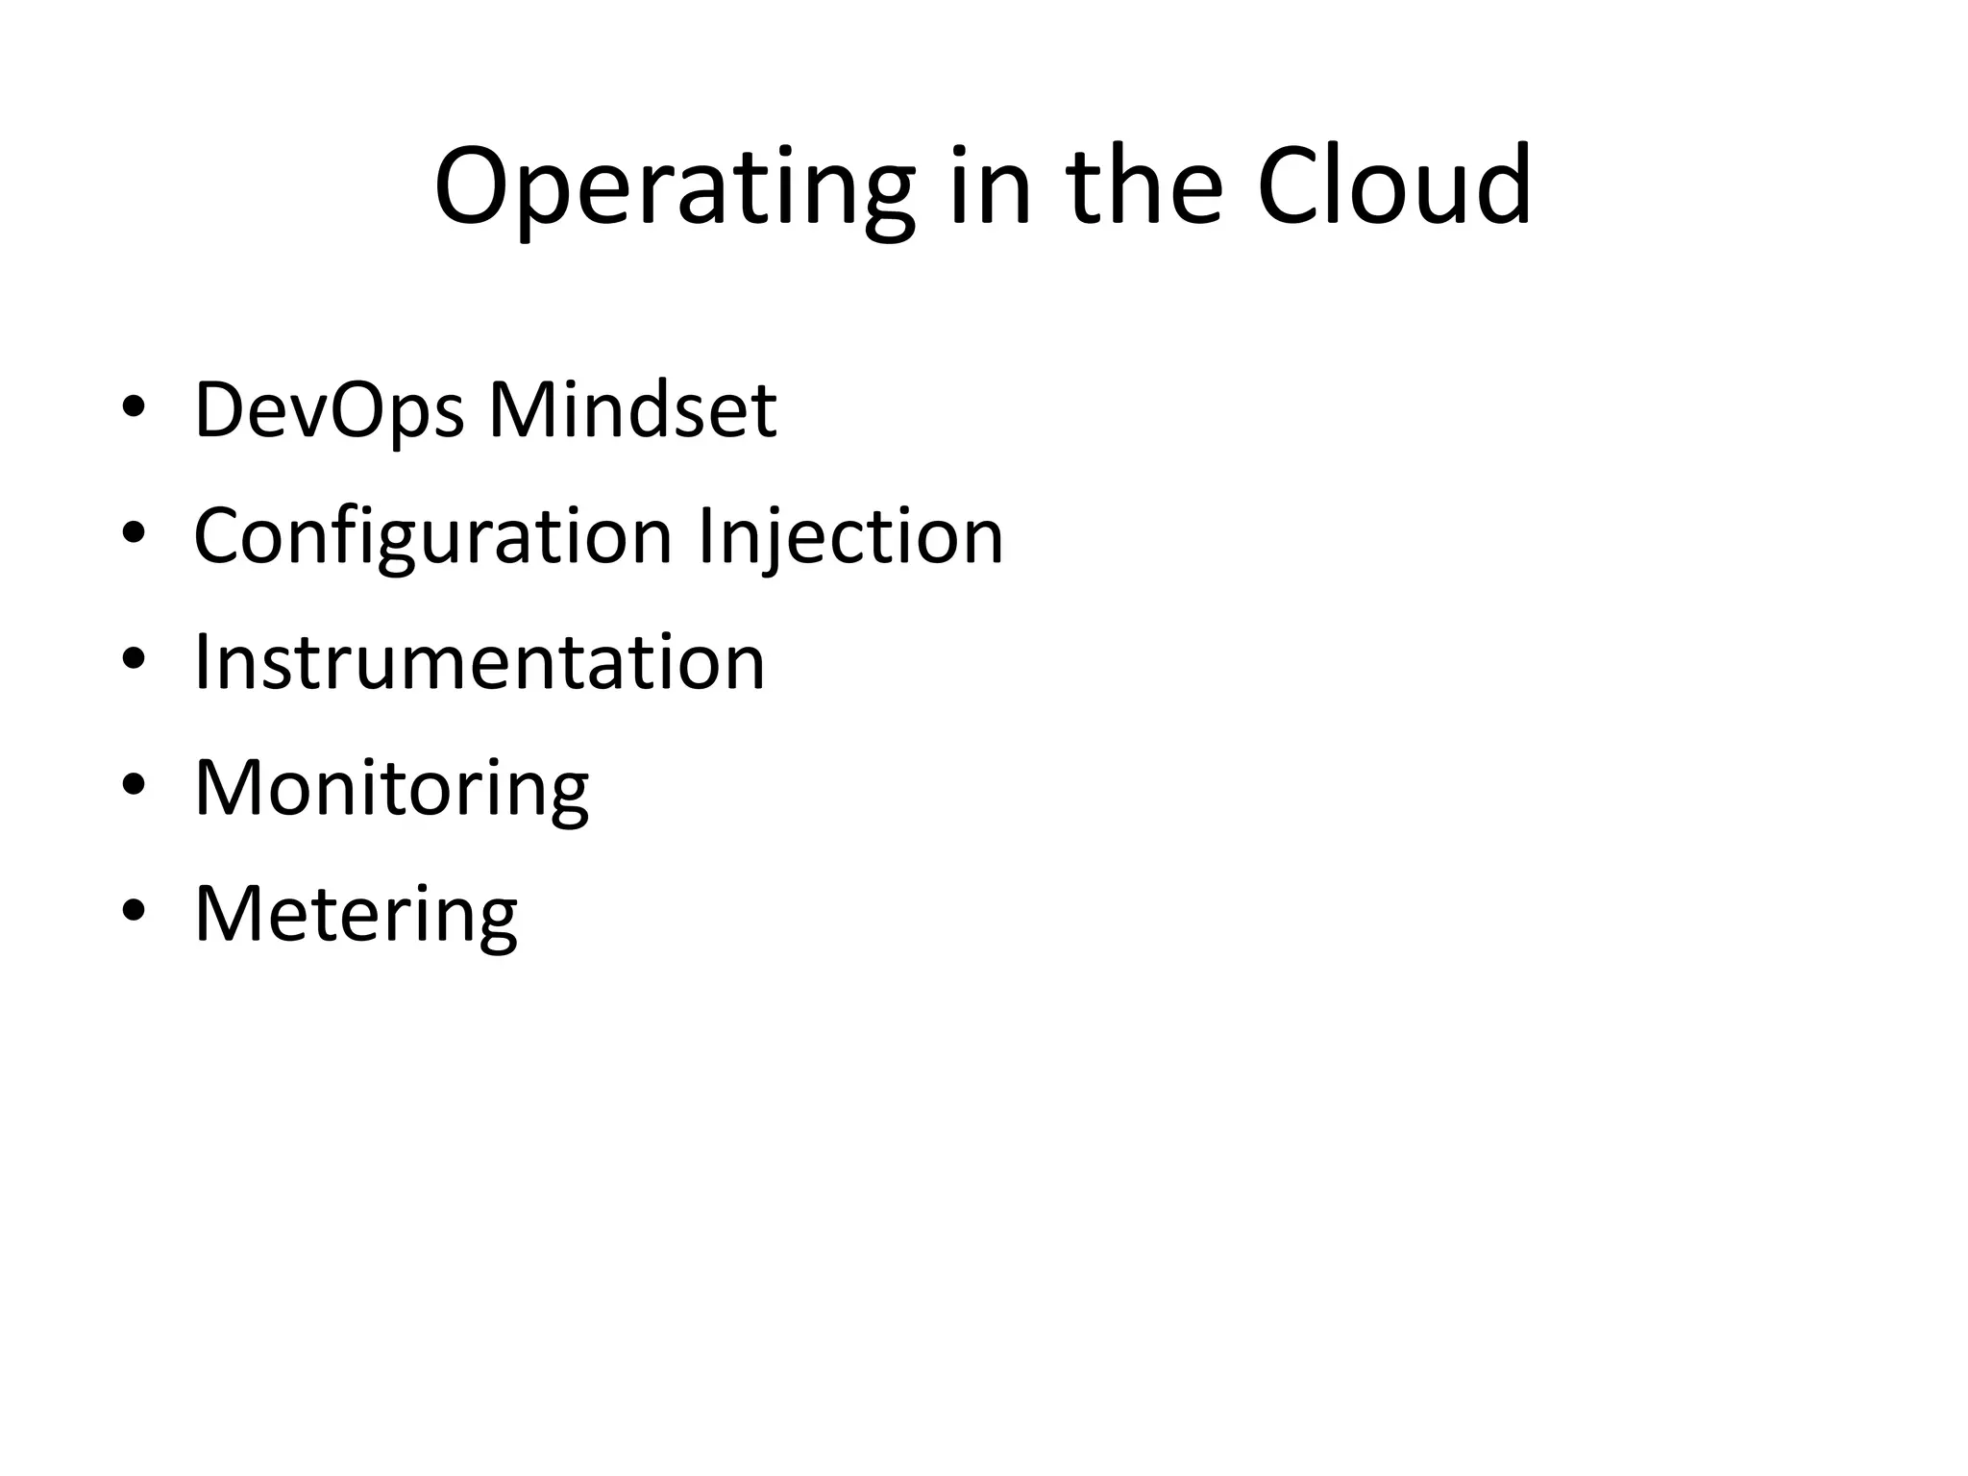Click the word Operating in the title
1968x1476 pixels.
click(x=674, y=187)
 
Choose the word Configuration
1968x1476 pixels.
click(x=432, y=536)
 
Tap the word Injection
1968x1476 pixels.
click(x=850, y=536)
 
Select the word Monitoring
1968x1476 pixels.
click(x=391, y=789)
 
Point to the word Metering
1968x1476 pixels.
click(x=356, y=914)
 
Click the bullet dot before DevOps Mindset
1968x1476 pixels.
click(x=134, y=407)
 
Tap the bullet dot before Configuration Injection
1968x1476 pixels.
click(x=134, y=533)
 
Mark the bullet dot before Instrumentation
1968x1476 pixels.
click(x=134, y=659)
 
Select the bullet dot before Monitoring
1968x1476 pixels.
click(x=134, y=785)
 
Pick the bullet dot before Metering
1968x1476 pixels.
click(x=134, y=911)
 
